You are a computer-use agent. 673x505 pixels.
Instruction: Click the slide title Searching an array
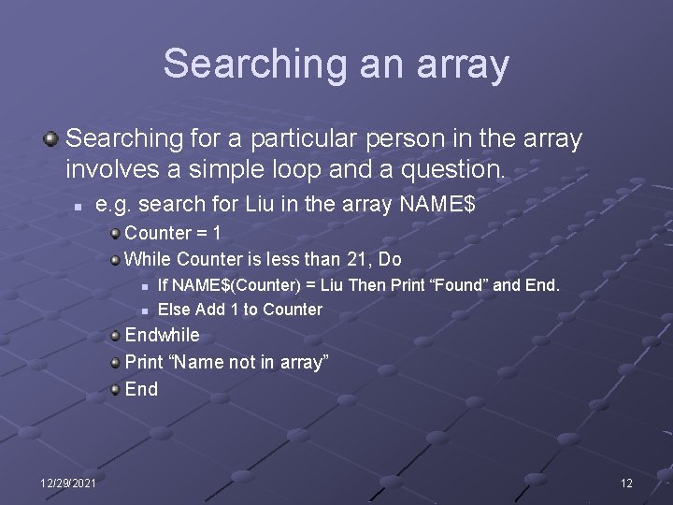336,64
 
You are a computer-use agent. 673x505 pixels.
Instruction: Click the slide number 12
626,483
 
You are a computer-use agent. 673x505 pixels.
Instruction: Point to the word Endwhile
162,335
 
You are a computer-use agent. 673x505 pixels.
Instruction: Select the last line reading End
141,389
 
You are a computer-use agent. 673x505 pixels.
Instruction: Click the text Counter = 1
172,232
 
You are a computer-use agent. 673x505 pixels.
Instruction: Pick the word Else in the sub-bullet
174,310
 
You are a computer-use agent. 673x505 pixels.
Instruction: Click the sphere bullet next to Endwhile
114,335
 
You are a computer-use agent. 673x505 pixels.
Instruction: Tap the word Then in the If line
366,285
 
